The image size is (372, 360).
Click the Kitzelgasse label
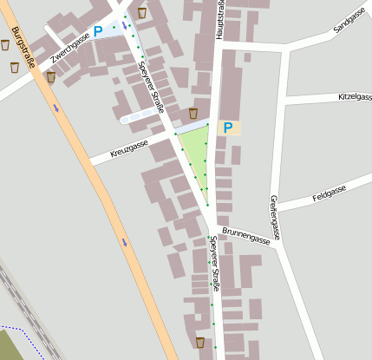click(x=355, y=96)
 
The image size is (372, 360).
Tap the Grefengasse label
click(x=275, y=217)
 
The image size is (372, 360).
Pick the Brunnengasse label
click(x=245, y=236)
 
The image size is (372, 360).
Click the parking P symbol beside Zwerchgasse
click(x=98, y=31)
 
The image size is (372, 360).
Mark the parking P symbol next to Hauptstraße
click(x=228, y=128)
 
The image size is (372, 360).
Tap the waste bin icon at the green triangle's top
click(x=193, y=113)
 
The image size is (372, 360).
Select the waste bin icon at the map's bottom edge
click(x=200, y=342)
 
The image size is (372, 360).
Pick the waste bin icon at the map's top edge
click(x=142, y=13)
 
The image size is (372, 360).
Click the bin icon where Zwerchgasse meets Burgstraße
click(x=50, y=76)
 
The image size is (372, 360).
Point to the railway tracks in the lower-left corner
click(x=26, y=312)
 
